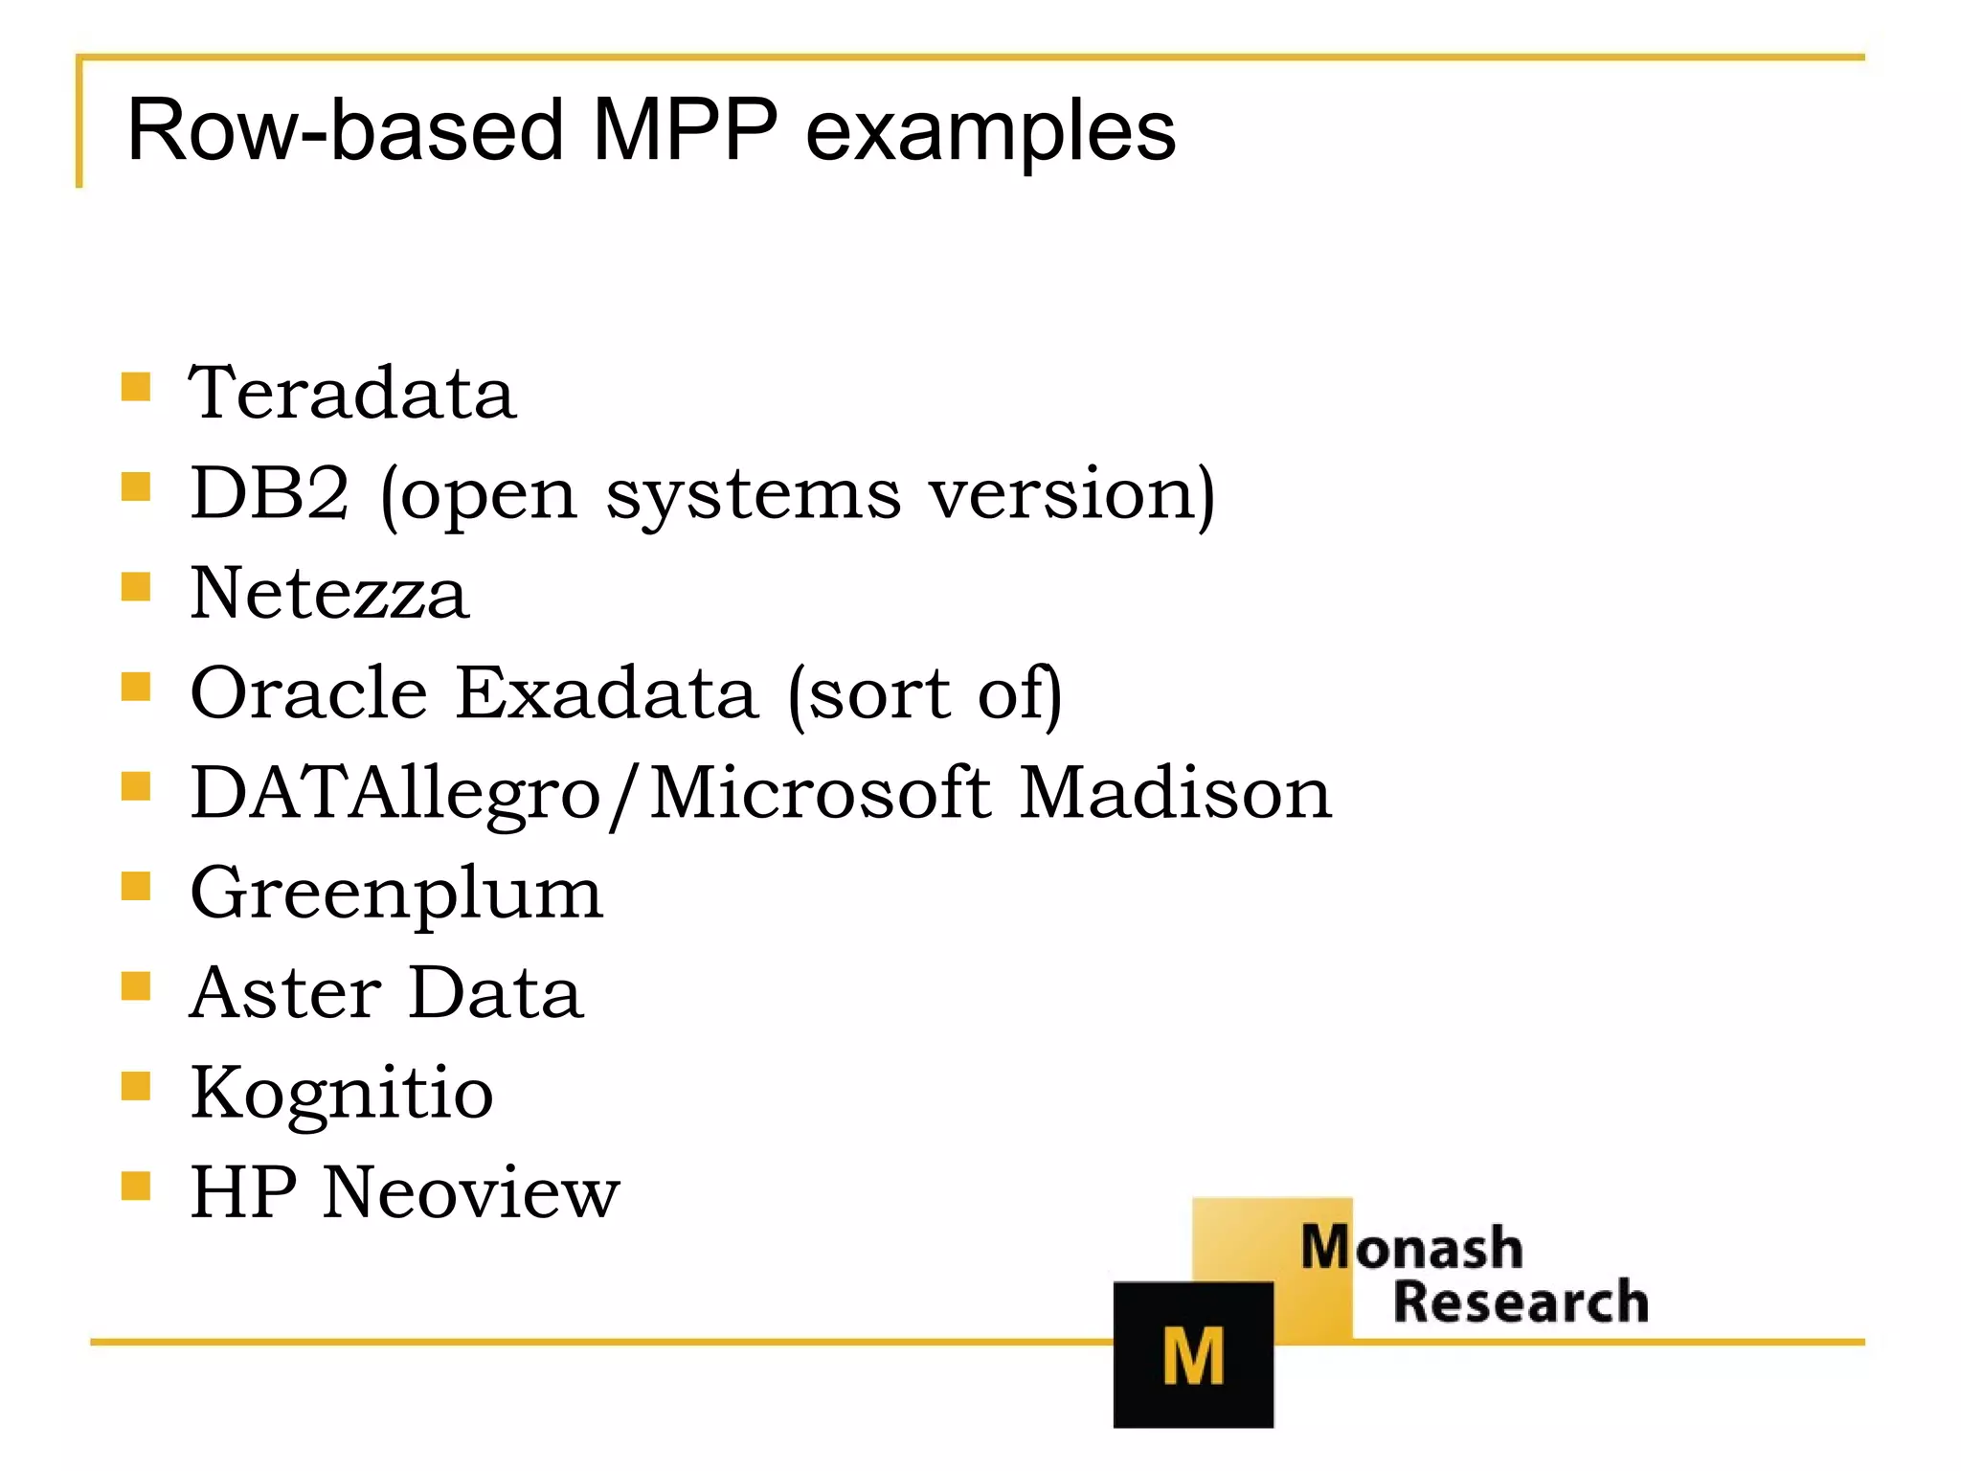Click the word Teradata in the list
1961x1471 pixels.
[x=352, y=393]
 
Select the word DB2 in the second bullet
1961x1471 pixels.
[x=269, y=493]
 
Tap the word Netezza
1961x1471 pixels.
[x=329, y=593]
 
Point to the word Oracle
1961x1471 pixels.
[x=308, y=692]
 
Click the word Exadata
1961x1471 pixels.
[x=606, y=692]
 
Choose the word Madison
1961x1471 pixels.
[x=1174, y=793]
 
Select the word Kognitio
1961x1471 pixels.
[x=342, y=1094]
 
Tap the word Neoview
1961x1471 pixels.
[x=471, y=1193]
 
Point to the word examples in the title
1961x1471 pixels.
[x=990, y=131]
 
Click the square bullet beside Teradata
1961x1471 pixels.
[x=136, y=387]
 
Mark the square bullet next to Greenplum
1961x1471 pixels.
[x=136, y=887]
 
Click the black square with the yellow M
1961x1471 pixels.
[x=1193, y=1353]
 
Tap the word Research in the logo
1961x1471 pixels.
[x=1521, y=1301]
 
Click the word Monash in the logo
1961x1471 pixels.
[x=1411, y=1248]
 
